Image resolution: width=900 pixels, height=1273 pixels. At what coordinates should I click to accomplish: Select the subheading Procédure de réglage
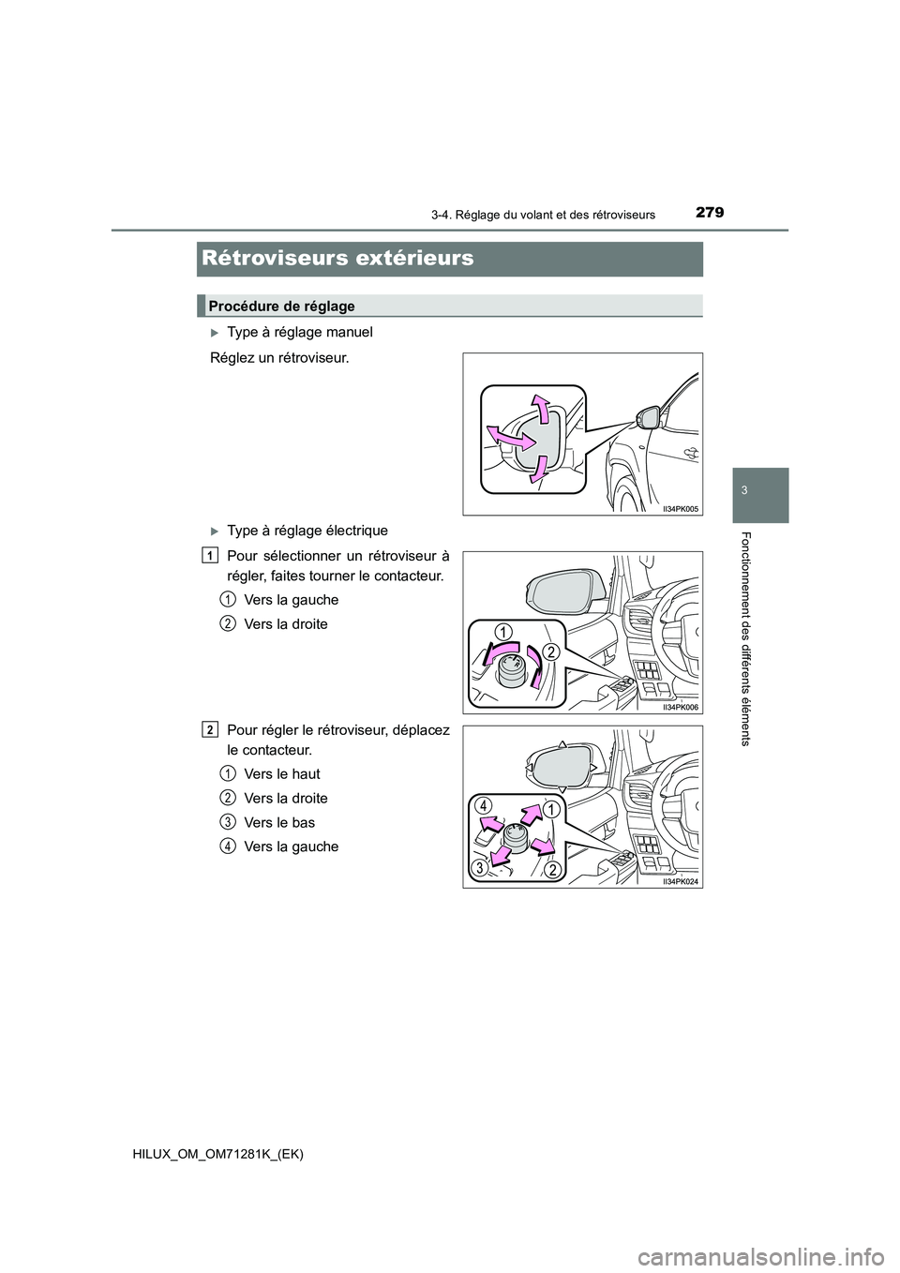point(281,307)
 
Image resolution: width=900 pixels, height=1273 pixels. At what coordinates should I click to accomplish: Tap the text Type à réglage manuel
point(299,332)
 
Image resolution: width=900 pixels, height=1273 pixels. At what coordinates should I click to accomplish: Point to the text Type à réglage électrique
point(307,531)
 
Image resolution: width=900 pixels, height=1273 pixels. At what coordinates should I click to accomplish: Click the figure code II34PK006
point(682,707)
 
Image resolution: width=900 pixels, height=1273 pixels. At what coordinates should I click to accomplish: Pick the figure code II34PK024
point(682,881)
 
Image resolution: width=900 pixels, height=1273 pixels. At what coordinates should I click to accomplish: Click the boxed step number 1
point(207,555)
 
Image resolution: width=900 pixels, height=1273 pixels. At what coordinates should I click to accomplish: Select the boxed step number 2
point(207,729)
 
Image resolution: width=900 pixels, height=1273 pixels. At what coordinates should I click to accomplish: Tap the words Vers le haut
point(281,774)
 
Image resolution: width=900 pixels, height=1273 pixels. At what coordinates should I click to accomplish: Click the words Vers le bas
point(278,823)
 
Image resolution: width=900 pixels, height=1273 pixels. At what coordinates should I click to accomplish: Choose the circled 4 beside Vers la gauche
point(229,846)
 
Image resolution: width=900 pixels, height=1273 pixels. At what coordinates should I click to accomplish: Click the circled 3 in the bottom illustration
point(478,867)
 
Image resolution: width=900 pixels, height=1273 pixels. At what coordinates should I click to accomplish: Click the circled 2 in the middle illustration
point(551,652)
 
